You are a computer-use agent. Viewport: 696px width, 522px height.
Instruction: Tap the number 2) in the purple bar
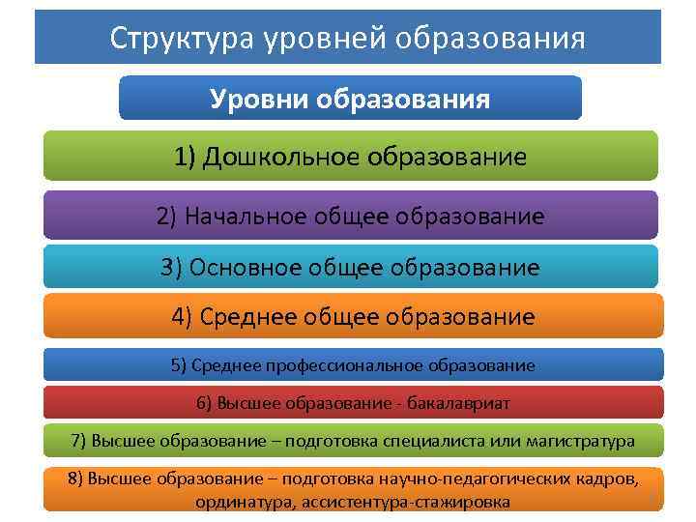(x=166, y=216)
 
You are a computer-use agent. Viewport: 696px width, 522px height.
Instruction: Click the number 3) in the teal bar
(x=171, y=267)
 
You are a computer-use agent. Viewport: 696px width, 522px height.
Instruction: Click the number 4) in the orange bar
(x=183, y=317)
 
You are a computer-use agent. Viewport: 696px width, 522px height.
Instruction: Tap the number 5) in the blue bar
(x=179, y=365)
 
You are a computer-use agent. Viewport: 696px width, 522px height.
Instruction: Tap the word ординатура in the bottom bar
(x=246, y=502)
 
